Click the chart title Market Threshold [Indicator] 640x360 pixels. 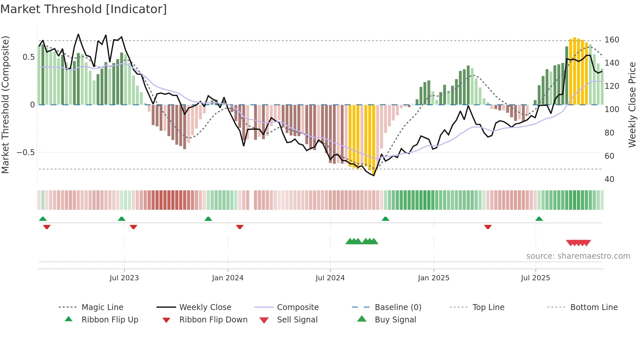pos(84,9)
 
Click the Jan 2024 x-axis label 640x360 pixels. pos(228,278)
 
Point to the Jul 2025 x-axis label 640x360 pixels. pos(535,278)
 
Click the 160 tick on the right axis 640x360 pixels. pos(612,40)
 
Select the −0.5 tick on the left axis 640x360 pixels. pos(25,153)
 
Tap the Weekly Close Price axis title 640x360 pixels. pos(632,105)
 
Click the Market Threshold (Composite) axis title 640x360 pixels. pos(6,105)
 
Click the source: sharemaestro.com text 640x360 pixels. pos(578,256)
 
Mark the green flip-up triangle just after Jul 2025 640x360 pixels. pos(539,219)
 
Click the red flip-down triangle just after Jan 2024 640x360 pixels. pos(240,227)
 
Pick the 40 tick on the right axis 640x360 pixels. pos(609,179)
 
